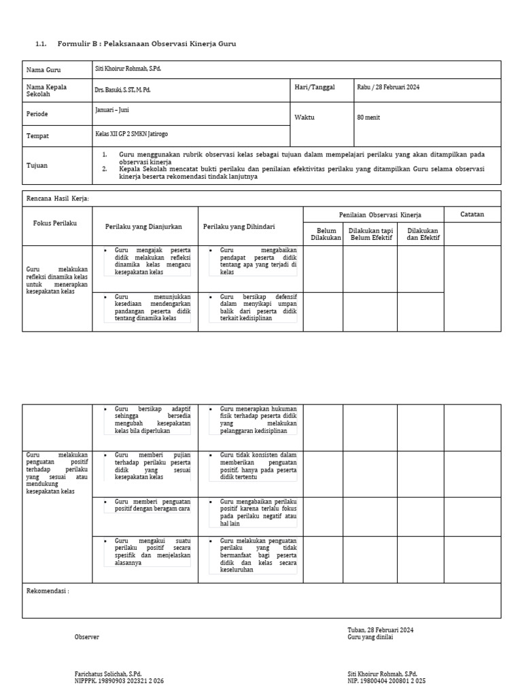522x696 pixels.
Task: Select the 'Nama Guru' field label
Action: coord(43,70)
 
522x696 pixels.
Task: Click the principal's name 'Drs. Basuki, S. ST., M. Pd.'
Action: coord(124,89)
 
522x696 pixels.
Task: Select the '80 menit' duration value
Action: coord(370,117)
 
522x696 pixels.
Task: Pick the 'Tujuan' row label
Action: coord(37,165)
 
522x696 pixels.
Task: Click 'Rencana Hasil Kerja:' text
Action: coord(58,198)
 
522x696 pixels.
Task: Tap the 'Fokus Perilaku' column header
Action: coord(55,223)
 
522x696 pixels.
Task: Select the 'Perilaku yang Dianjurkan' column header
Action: coord(143,226)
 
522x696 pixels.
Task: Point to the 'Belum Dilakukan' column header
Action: coord(326,234)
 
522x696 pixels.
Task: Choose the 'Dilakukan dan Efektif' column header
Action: coord(423,234)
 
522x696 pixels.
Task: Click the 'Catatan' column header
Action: coord(472,214)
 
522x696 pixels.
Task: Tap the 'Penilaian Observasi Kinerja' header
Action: coord(380,215)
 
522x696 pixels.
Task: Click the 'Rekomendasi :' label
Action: coord(48,591)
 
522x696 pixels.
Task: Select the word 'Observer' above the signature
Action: coord(86,637)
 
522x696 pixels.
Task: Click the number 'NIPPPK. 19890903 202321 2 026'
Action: coord(119,680)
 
